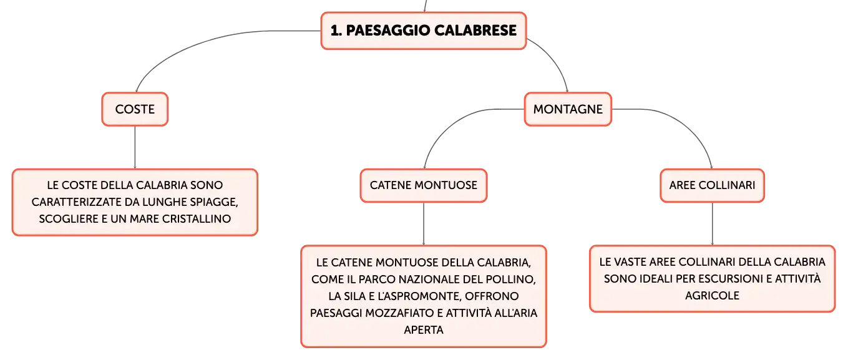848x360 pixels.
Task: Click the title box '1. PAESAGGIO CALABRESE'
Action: pyautogui.click(x=424, y=31)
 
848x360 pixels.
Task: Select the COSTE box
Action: pyautogui.click(x=135, y=109)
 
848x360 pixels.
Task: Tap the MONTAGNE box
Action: pyautogui.click(x=568, y=109)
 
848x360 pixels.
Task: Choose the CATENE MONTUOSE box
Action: pyautogui.click(x=424, y=185)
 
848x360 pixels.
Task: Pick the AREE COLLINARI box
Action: pyautogui.click(x=712, y=185)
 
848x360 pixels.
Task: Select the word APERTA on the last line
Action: pyautogui.click(x=424, y=330)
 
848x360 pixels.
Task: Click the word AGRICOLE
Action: pyautogui.click(x=712, y=296)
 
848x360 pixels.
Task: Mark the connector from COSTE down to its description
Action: pyautogui.click(x=135, y=147)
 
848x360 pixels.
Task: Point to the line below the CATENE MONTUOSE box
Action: pyautogui.click(x=424, y=224)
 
